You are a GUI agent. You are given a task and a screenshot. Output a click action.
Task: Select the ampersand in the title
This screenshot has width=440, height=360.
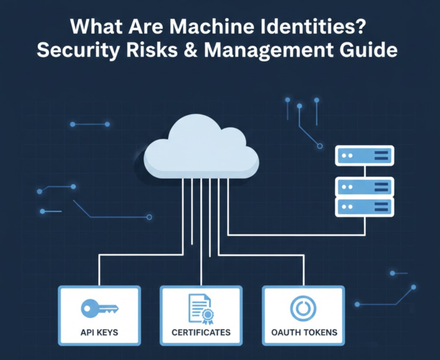click(191, 51)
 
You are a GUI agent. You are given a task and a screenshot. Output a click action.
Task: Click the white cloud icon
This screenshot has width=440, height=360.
click(201, 147)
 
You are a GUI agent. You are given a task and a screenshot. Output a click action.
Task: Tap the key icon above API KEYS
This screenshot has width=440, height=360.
click(100, 308)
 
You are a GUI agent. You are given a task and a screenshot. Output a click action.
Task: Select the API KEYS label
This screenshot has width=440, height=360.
click(99, 332)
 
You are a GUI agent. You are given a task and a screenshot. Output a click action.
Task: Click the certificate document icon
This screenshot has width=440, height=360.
click(201, 309)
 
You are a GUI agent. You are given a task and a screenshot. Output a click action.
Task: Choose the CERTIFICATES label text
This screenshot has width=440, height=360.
click(201, 332)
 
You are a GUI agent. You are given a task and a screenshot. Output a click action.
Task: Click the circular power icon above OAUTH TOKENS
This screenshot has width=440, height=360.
click(303, 308)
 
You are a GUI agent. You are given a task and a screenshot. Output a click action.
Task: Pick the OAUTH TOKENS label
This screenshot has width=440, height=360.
click(304, 332)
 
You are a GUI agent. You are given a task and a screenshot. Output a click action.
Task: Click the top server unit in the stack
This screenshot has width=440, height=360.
click(364, 155)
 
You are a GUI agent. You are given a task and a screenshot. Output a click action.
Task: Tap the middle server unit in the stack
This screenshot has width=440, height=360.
click(364, 187)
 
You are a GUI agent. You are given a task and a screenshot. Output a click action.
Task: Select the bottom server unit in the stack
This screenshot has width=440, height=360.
click(364, 207)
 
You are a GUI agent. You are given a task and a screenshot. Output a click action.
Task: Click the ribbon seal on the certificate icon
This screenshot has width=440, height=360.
click(208, 316)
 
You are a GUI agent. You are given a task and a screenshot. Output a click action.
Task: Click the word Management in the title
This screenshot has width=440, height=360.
click(269, 51)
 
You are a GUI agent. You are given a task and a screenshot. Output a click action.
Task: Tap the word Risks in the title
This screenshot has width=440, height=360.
click(152, 51)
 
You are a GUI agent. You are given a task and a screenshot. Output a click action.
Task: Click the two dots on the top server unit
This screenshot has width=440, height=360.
click(347, 155)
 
